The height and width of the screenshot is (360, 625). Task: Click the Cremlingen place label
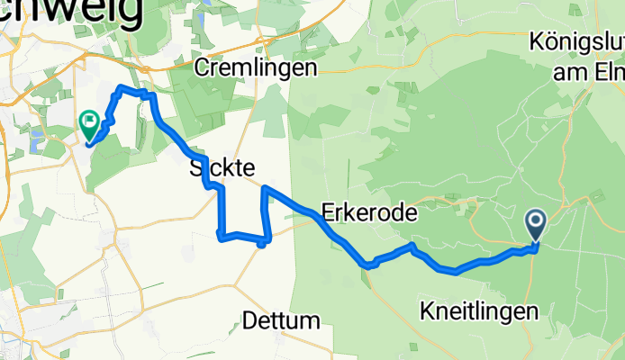257,68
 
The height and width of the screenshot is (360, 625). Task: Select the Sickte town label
222,167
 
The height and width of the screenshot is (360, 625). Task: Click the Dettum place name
281,320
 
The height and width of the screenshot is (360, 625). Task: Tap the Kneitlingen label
480,311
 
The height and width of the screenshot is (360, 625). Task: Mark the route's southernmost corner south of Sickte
260,244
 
